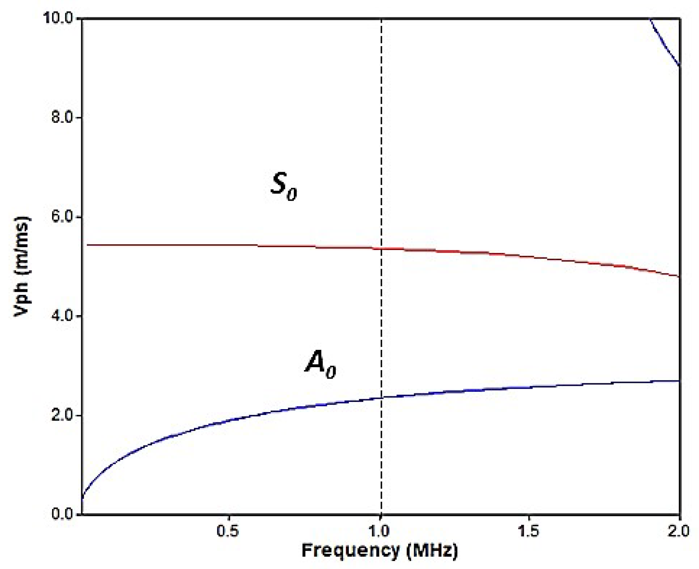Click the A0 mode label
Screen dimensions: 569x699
[320, 364]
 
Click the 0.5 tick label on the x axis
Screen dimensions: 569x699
[228, 531]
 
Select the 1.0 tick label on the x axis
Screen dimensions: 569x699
[380, 531]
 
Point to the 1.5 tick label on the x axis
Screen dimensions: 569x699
[529, 531]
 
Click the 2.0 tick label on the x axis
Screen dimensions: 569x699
[679, 531]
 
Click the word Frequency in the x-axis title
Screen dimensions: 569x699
[350, 550]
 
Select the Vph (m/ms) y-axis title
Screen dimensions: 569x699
[22, 267]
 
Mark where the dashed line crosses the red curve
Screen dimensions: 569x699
[381, 248]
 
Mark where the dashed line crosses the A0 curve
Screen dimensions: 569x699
[381, 397]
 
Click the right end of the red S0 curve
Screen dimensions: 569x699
[679, 276]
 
